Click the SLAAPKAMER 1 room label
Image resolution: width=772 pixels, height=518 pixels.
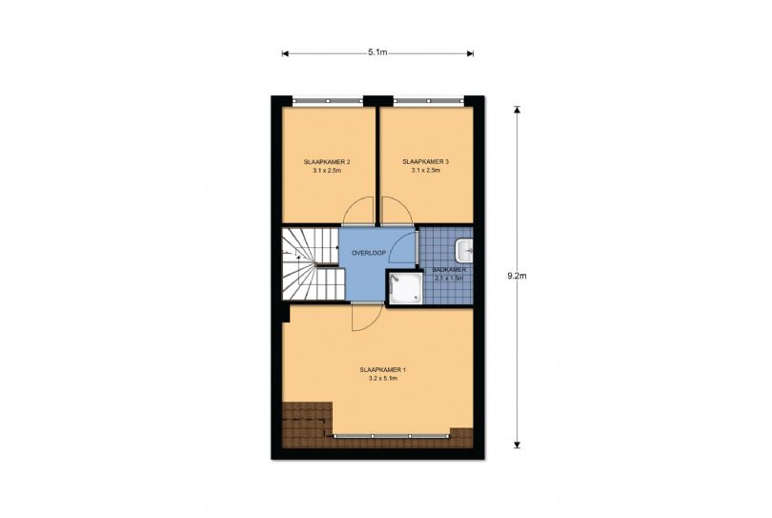click(x=382, y=369)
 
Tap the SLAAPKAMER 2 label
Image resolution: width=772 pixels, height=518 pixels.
click(x=327, y=161)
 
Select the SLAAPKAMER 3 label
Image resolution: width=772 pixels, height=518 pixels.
click(x=425, y=161)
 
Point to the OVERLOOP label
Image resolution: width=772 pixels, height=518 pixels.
click(x=369, y=253)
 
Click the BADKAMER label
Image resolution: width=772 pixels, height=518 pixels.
click(x=449, y=270)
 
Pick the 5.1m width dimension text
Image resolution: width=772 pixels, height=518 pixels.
click(x=377, y=52)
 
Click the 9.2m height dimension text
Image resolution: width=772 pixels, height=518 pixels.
click(x=517, y=276)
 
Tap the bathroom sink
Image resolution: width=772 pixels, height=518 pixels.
click(x=464, y=251)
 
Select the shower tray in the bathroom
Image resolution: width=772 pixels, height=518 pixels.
click(x=405, y=288)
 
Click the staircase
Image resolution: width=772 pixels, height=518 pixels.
click(x=313, y=263)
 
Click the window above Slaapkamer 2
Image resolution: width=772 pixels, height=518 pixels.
click(x=328, y=101)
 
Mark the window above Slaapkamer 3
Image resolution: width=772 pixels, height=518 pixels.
click(x=428, y=101)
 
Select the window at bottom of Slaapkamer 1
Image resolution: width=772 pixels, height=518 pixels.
click(x=392, y=436)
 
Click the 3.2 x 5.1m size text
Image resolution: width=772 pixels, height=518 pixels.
click(x=382, y=379)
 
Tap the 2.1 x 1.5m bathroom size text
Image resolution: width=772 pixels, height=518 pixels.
click(x=449, y=278)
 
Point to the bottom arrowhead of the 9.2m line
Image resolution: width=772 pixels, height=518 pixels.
click(x=517, y=445)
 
